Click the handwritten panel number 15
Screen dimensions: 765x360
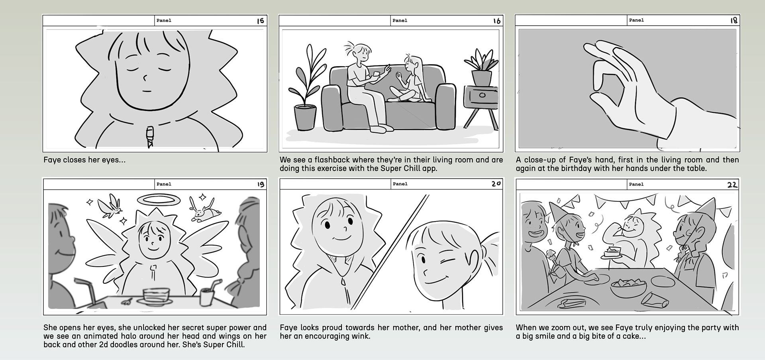[x=261, y=21]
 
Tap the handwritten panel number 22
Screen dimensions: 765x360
[x=732, y=185]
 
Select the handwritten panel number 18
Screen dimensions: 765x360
[x=734, y=20]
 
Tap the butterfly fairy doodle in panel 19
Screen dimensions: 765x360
[x=110, y=206]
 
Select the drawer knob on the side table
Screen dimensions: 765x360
[x=482, y=95]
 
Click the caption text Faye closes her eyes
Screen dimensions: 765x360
[x=84, y=160]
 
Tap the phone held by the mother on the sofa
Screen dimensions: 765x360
[x=377, y=74]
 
